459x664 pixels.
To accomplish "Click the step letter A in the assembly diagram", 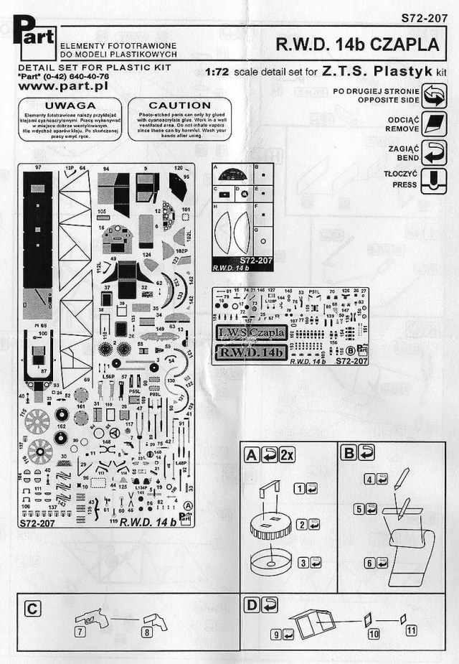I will coord(252,455).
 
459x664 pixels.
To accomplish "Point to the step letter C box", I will coord(32,608).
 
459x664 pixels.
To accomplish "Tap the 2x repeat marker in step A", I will coord(286,455).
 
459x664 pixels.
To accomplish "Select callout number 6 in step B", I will coord(371,563).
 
